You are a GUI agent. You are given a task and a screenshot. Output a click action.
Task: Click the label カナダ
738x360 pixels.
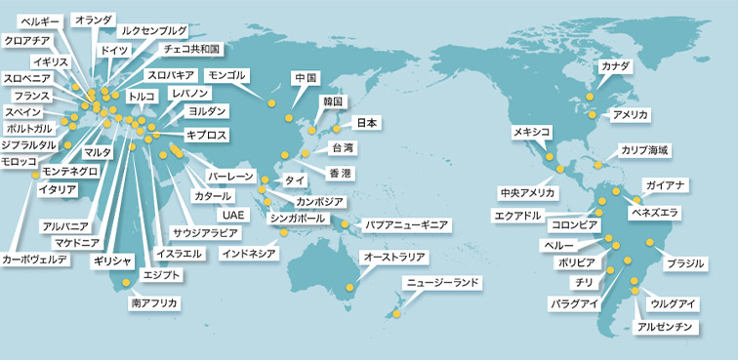click(x=616, y=66)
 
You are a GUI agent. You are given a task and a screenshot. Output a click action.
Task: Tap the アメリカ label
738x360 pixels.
click(x=630, y=115)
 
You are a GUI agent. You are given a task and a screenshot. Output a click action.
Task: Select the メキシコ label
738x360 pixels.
click(x=532, y=132)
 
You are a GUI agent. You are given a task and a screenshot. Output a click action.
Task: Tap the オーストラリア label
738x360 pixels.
click(x=394, y=257)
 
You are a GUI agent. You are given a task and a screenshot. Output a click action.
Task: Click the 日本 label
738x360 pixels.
click(x=366, y=123)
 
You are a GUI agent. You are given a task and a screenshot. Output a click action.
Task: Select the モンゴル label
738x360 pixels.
click(x=228, y=75)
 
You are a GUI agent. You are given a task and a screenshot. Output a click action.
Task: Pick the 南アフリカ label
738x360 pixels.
click(x=154, y=303)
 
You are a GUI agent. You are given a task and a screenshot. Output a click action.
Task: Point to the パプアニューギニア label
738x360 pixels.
click(x=407, y=225)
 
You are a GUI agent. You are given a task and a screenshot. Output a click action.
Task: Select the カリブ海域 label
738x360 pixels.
click(x=644, y=150)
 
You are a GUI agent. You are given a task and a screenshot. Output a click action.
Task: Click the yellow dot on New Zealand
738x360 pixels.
click(x=397, y=313)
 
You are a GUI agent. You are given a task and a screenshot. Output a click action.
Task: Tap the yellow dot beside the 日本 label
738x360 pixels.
click(x=337, y=128)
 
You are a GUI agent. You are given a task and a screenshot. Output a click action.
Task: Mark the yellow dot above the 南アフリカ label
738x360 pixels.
click(x=125, y=284)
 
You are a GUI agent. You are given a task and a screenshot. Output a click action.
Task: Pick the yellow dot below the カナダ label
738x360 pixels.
click(x=589, y=97)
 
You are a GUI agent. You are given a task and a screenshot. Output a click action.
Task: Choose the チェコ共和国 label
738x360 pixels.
click(x=192, y=48)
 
